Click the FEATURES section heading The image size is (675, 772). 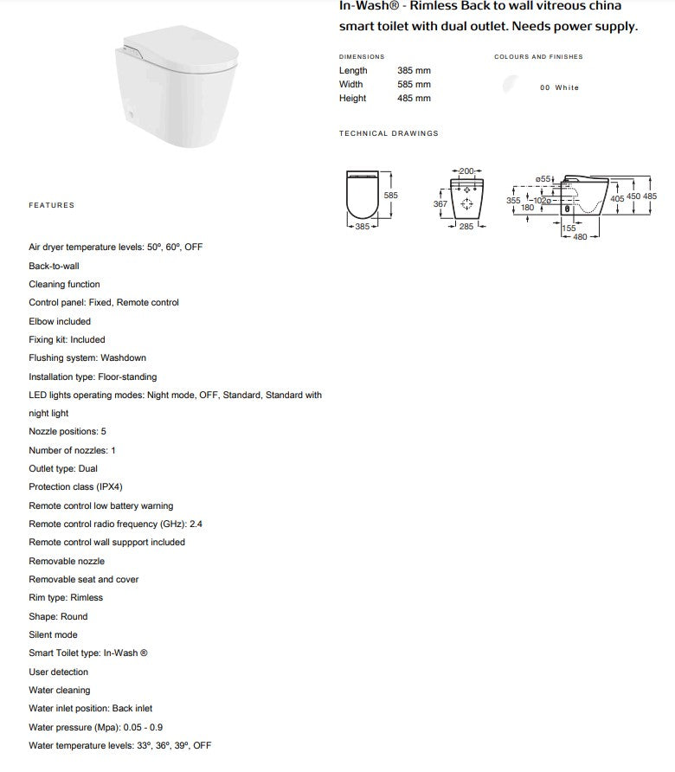click(x=52, y=205)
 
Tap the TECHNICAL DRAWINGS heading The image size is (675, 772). click(x=389, y=133)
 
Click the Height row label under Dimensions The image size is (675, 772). click(x=352, y=98)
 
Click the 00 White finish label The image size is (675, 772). click(x=559, y=87)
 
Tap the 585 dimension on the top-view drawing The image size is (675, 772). click(x=391, y=196)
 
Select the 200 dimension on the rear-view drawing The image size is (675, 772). click(x=466, y=170)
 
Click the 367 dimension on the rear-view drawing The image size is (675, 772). click(x=440, y=204)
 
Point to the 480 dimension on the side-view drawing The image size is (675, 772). click(x=580, y=236)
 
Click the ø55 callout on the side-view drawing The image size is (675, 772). click(x=543, y=178)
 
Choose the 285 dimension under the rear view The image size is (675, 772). click(x=466, y=227)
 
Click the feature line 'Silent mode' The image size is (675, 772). click(x=53, y=634)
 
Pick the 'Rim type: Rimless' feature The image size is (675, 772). click(x=66, y=597)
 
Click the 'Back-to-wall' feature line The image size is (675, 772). click(x=54, y=266)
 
